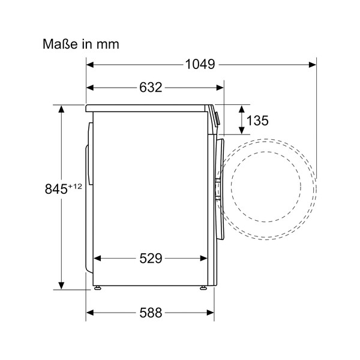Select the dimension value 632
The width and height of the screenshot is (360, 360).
click(x=151, y=88)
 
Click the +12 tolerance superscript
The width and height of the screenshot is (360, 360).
click(x=74, y=186)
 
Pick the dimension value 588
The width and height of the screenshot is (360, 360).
click(x=151, y=313)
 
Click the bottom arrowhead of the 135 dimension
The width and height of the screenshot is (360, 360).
click(x=242, y=130)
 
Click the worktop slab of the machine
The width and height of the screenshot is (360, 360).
click(x=147, y=109)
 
